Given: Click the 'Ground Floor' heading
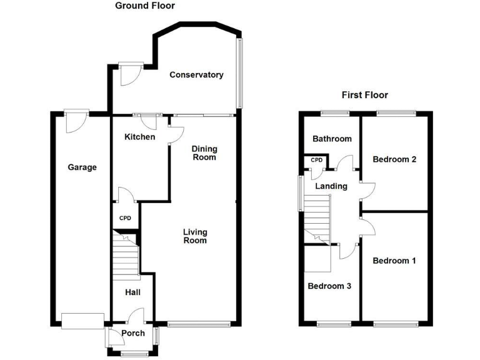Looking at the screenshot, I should coord(145,6).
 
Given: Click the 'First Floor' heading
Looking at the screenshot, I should coord(364,95).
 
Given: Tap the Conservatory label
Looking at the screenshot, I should coord(196,75).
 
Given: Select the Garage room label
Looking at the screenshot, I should coord(82,167).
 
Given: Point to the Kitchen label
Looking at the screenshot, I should coord(139,137).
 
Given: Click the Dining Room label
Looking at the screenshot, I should coord(204,152).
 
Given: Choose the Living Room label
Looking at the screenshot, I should coord(194,236).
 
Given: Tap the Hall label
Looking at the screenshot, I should coord(132,292).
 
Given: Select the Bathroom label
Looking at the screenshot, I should coord(332,139).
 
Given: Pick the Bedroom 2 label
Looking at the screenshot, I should coord(394,159).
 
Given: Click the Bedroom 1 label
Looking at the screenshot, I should coord(394,261).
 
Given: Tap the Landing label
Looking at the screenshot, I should coord(331,186).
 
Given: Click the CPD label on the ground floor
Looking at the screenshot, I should coord(126,218).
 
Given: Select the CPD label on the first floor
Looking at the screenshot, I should coord(317,161).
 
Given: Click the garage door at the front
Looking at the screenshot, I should coord(82,321).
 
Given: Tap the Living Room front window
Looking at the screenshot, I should coord(194,324).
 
